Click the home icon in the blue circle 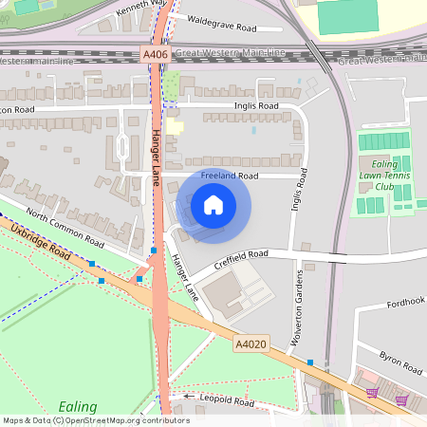click(213, 204)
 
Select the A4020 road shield click(251, 346)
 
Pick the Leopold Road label click(228, 401)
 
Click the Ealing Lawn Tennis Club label click(383, 174)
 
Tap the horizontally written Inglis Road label click(255, 106)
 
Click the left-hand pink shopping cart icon click(371, 393)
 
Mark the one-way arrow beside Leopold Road click(189, 396)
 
